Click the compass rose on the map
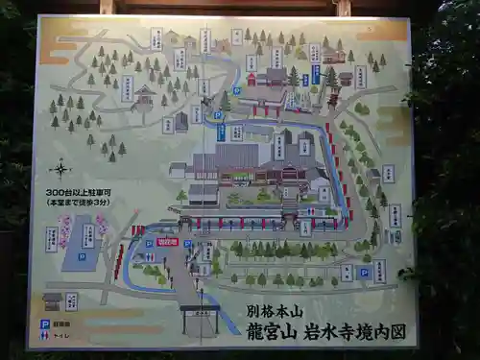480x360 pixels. click(60, 169)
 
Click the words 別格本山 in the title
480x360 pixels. click(268, 311)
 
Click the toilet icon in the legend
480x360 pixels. click(44, 336)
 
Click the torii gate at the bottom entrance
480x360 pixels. click(200, 317)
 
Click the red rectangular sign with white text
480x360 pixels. click(167, 242)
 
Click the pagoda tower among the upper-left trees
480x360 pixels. click(145, 96)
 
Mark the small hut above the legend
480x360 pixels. click(53, 300)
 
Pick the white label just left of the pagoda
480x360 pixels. click(127, 89)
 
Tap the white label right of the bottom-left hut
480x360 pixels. click(71, 300)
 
